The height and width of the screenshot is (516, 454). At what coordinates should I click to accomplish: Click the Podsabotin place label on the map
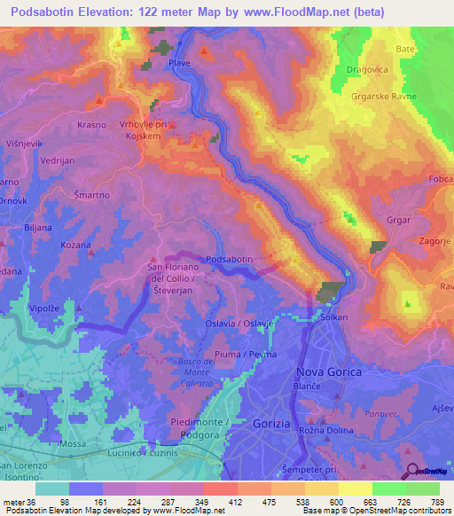(x=230, y=258)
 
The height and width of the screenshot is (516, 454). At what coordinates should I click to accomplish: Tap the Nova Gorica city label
(x=328, y=372)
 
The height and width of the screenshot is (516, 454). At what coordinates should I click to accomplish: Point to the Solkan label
(x=333, y=317)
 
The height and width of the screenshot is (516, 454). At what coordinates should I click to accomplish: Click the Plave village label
(x=179, y=64)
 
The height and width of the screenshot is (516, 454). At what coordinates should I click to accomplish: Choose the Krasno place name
(x=91, y=125)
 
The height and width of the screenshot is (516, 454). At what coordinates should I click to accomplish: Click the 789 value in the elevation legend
(x=436, y=503)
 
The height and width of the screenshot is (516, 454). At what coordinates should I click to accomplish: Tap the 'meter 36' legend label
(x=17, y=503)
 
